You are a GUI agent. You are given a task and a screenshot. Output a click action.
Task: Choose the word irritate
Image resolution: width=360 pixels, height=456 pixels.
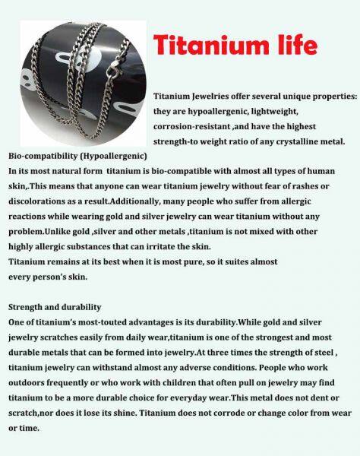(x=172, y=246)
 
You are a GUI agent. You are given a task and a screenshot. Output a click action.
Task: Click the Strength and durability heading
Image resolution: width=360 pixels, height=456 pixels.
(x=55, y=307)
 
